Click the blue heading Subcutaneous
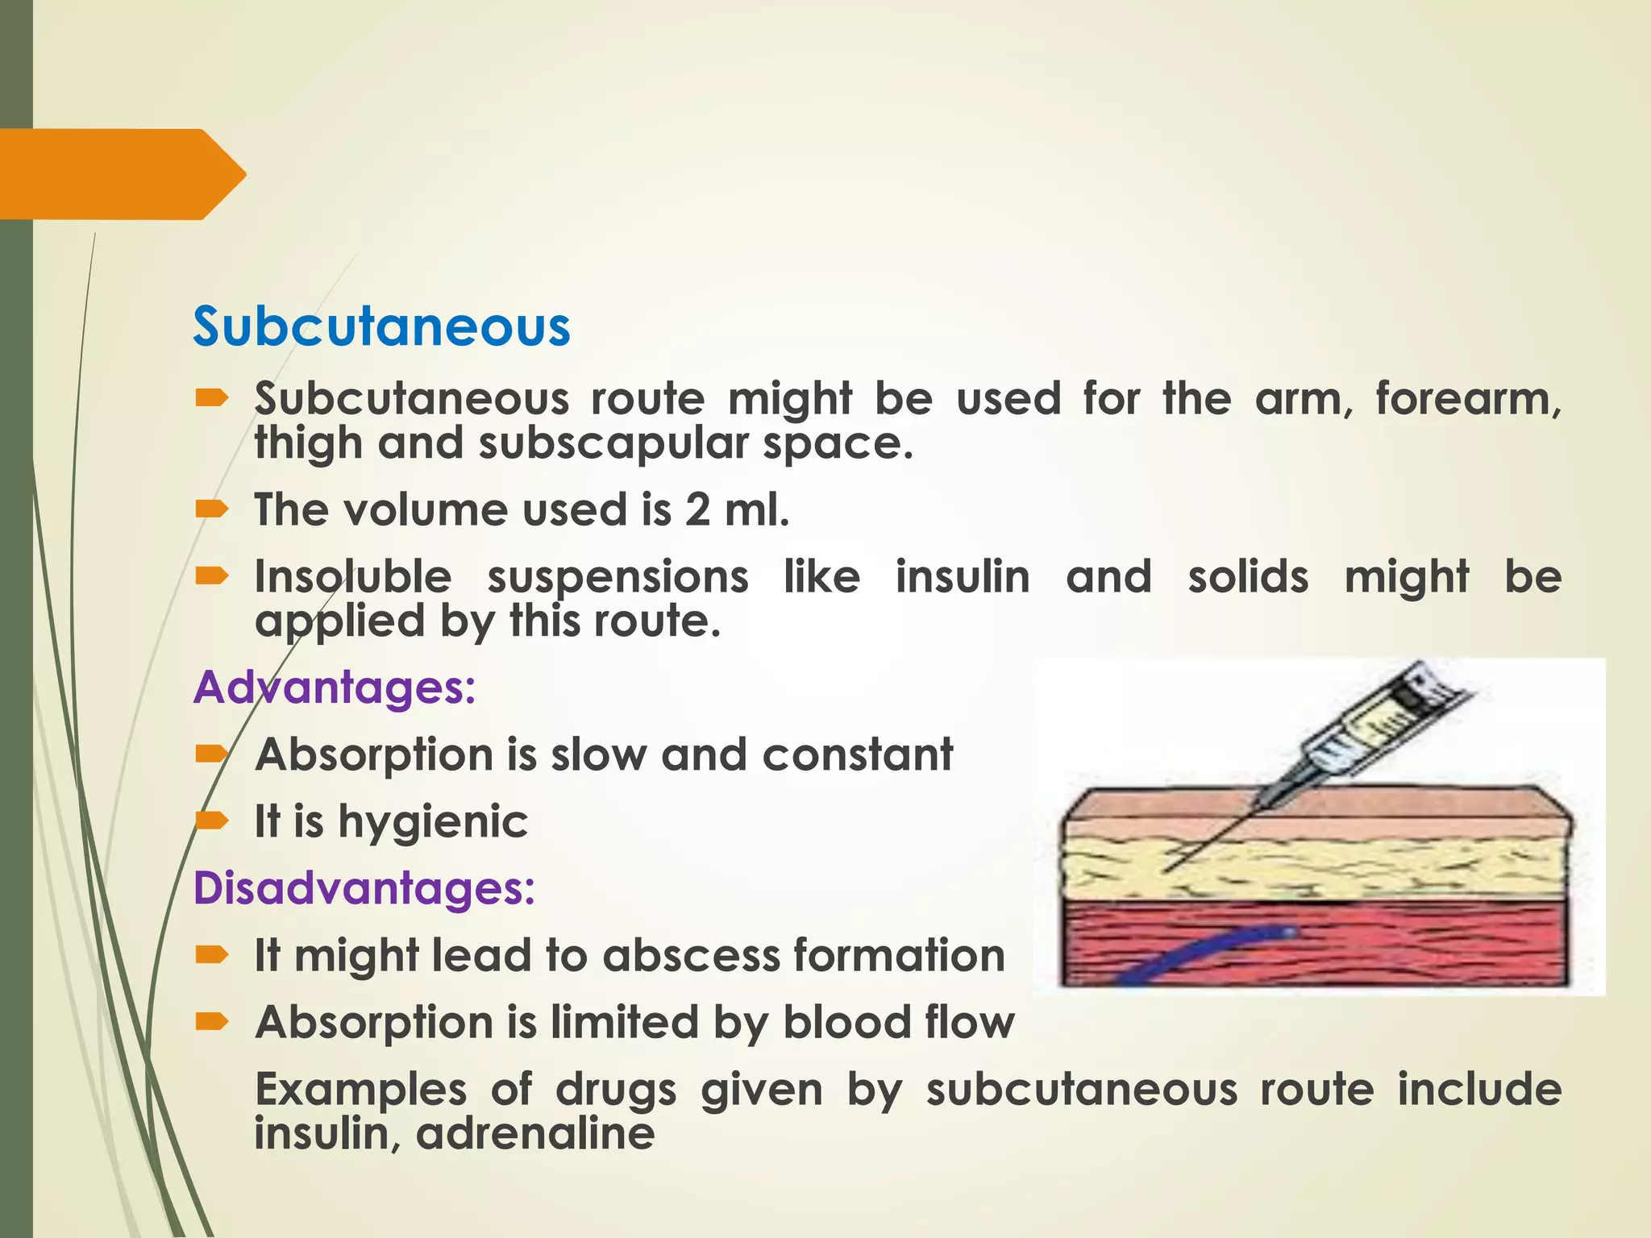(381, 327)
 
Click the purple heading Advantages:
(335, 688)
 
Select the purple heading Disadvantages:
(364, 888)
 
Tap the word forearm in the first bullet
(1467, 399)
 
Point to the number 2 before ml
(697, 510)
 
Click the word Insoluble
(353, 577)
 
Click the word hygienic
(432, 822)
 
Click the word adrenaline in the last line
(535, 1133)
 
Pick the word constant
(857, 755)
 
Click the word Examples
(360, 1090)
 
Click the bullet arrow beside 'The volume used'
(212, 509)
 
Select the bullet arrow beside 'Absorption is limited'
(212, 1022)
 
